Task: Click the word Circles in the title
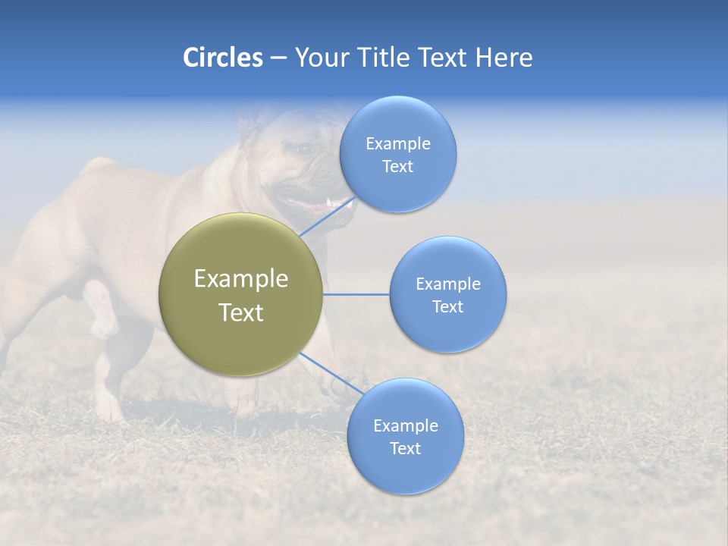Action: pos(222,58)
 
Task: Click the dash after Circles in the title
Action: pos(278,58)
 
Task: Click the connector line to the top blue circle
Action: pos(326,216)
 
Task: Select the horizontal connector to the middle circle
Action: pos(356,294)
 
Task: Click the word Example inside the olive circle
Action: pos(241,279)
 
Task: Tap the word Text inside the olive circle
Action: pos(241,312)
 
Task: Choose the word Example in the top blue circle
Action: pos(398,143)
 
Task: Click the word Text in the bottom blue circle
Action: pos(405,448)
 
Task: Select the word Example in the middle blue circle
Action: pos(448,284)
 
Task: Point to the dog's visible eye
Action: pos(306,149)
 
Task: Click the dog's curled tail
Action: pos(99,165)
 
